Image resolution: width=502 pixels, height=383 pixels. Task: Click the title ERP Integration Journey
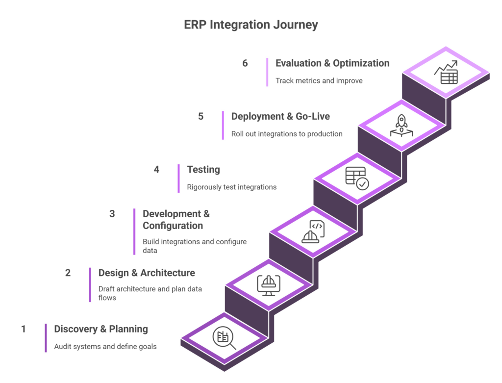[251, 25]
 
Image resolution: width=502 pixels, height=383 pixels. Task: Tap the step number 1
[23, 328]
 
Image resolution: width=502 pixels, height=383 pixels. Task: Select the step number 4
[156, 170]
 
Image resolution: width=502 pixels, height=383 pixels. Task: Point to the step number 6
[245, 63]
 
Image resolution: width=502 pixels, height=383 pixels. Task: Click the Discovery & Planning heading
[101, 329]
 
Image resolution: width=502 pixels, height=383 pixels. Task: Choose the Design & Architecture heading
[147, 273]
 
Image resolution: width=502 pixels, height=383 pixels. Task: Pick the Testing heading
[203, 170]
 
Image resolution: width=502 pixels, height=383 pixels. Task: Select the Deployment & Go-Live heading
[280, 117]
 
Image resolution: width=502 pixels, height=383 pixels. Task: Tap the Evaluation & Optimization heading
[332, 63]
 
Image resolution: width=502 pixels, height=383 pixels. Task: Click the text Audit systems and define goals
[105, 347]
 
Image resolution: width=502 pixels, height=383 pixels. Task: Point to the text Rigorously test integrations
[231, 187]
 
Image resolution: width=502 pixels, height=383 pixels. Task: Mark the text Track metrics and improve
[319, 80]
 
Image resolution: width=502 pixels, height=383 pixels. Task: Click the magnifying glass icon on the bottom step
[224, 338]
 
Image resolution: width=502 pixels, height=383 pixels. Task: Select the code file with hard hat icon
[313, 231]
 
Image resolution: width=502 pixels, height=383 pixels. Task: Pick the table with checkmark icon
[357, 178]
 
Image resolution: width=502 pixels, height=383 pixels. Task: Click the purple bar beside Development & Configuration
[134, 231]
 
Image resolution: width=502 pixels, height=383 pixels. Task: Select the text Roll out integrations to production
[287, 134]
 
